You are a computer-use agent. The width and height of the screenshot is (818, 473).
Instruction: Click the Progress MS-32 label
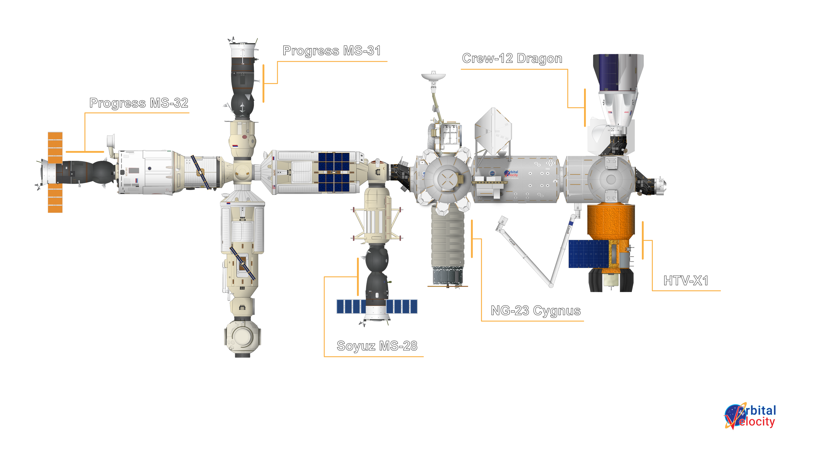(139, 103)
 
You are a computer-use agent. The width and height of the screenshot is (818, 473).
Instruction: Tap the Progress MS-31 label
(331, 51)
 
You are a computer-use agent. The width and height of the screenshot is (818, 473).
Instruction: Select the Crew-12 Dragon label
(512, 59)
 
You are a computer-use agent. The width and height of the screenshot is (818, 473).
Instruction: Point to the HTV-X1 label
(686, 280)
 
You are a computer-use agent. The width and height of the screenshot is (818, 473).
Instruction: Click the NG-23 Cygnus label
(536, 311)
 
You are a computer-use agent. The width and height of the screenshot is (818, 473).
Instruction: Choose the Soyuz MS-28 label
(377, 346)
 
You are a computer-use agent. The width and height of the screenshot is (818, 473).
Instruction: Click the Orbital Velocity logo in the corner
(750, 416)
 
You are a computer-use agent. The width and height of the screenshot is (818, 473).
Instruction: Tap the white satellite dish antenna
(433, 76)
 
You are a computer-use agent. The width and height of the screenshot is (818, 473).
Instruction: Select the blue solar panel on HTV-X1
(588, 254)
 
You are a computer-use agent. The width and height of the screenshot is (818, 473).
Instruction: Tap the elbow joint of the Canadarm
(551, 285)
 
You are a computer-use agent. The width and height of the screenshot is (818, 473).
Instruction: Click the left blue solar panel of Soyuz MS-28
(351, 307)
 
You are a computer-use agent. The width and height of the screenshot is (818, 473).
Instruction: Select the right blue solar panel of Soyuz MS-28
(402, 307)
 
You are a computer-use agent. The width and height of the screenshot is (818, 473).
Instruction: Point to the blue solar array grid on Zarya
(334, 172)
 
